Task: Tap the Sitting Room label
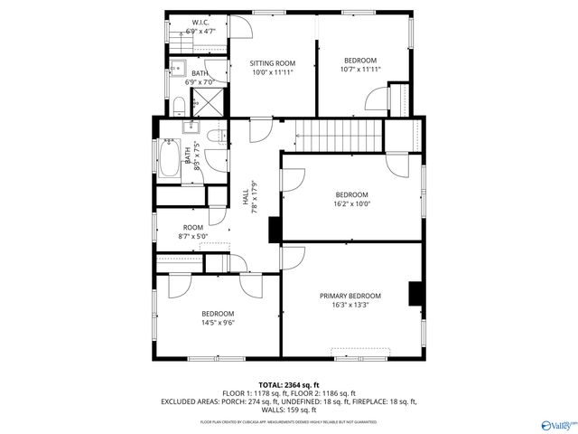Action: [x=273, y=63]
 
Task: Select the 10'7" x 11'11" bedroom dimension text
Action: [x=360, y=70]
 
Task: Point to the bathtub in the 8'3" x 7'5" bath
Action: [x=170, y=159]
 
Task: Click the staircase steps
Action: [x=340, y=137]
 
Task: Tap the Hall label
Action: [x=246, y=193]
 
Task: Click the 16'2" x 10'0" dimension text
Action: [x=351, y=204]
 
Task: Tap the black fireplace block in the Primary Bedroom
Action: [x=416, y=295]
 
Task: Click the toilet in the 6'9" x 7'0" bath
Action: [x=179, y=106]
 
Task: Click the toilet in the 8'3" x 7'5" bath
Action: [x=215, y=137]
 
